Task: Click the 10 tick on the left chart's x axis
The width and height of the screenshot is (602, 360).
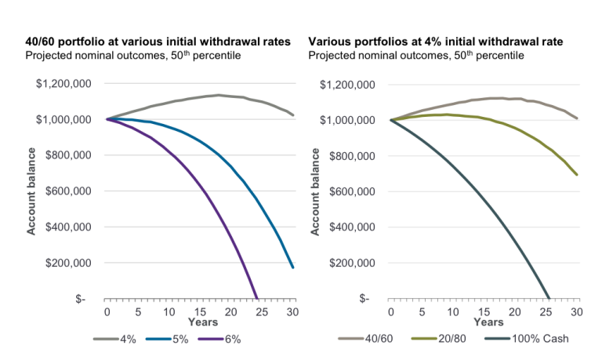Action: tap(167, 311)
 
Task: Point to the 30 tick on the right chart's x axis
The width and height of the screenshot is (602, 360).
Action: tap(577, 311)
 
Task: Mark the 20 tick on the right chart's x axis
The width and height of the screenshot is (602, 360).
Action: tap(513, 311)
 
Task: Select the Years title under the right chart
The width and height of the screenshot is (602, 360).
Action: tap(483, 322)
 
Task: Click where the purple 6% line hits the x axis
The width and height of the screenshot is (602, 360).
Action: tap(257, 298)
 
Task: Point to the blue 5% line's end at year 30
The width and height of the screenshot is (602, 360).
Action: tap(293, 268)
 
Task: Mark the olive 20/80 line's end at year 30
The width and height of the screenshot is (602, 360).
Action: tap(578, 175)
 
